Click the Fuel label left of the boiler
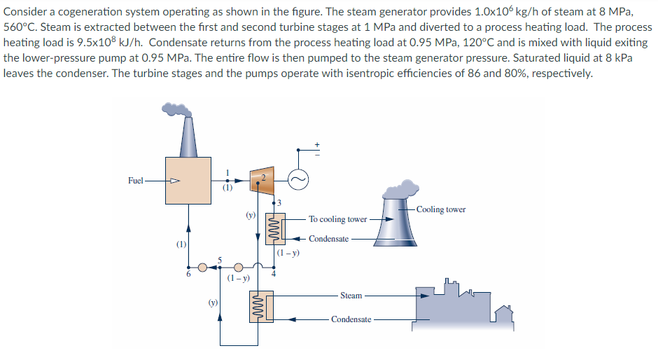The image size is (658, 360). click(136, 181)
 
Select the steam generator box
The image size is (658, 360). click(188, 181)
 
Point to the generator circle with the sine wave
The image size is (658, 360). click(298, 180)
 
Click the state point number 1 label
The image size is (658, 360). click(227, 174)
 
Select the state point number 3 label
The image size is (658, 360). click(279, 203)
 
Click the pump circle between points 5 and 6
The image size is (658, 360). click(202, 267)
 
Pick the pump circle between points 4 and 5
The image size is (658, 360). click(239, 267)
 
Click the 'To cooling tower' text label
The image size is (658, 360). click(338, 219)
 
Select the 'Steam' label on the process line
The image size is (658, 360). click(351, 296)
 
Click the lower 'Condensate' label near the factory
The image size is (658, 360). click(351, 319)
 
